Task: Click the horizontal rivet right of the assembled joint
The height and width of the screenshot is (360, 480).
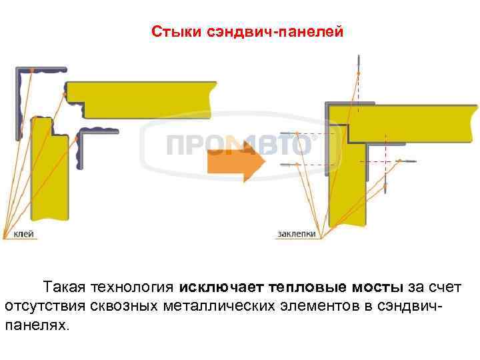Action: tap(405, 161)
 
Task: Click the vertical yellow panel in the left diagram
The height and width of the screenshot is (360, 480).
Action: tap(49, 173)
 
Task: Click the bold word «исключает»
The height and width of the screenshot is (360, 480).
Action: tap(221, 287)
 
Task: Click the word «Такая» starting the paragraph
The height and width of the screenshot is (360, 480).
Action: tap(64, 287)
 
